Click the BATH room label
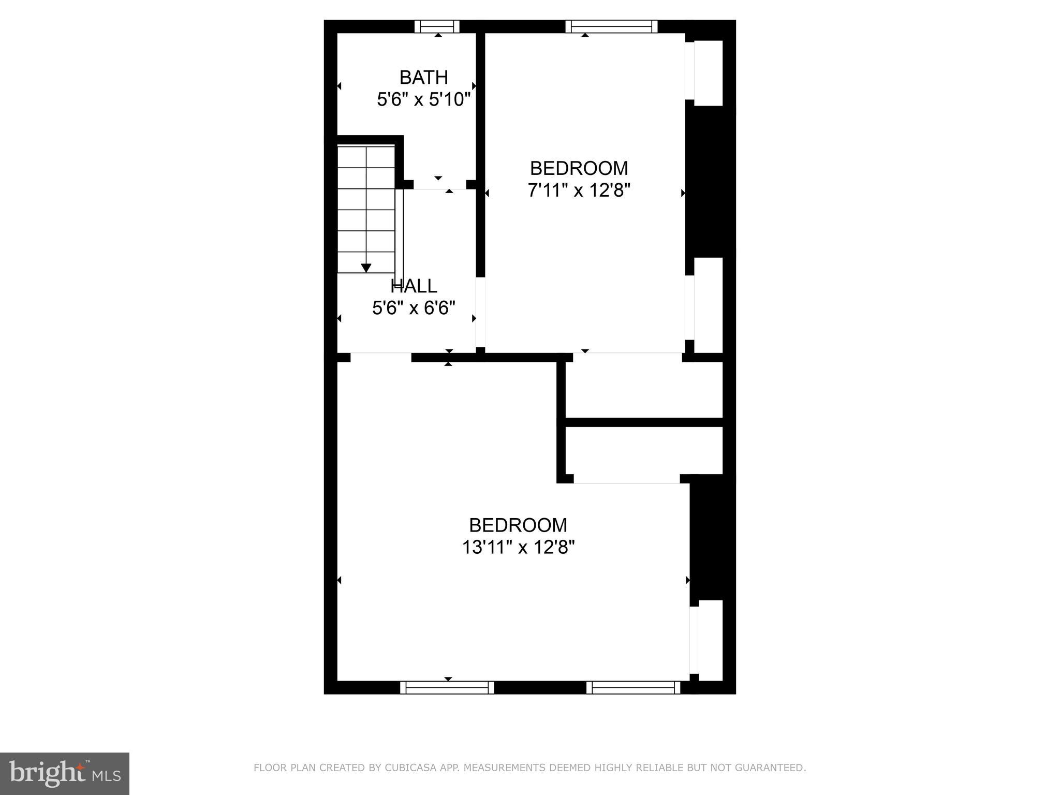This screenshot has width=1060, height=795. pyautogui.click(x=423, y=78)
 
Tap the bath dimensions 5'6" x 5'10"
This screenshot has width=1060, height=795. pyautogui.click(x=423, y=99)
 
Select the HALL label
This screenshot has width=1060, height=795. pyautogui.click(x=414, y=286)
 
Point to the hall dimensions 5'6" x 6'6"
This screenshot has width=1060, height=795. pyautogui.click(x=414, y=308)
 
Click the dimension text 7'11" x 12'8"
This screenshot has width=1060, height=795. pyautogui.click(x=579, y=190)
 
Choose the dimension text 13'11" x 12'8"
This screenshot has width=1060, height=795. pyautogui.click(x=518, y=547)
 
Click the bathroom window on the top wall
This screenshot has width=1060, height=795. pyautogui.click(x=437, y=26)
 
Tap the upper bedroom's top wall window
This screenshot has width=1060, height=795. pyautogui.click(x=611, y=26)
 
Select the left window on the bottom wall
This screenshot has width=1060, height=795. pyautogui.click(x=447, y=687)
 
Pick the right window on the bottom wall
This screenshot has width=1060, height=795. pyautogui.click(x=634, y=687)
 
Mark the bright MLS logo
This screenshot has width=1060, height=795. pyautogui.click(x=65, y=774)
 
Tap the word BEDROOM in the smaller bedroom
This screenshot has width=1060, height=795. pyautogui.click(x=579, y=168)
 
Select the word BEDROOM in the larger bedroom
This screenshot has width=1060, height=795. pyautogui.click(x=518, y=525)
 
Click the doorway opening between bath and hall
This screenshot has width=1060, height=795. pyautogui.click(x=440, y=185)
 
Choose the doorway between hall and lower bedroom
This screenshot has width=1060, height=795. pyautogui.click(x=381, y=357)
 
